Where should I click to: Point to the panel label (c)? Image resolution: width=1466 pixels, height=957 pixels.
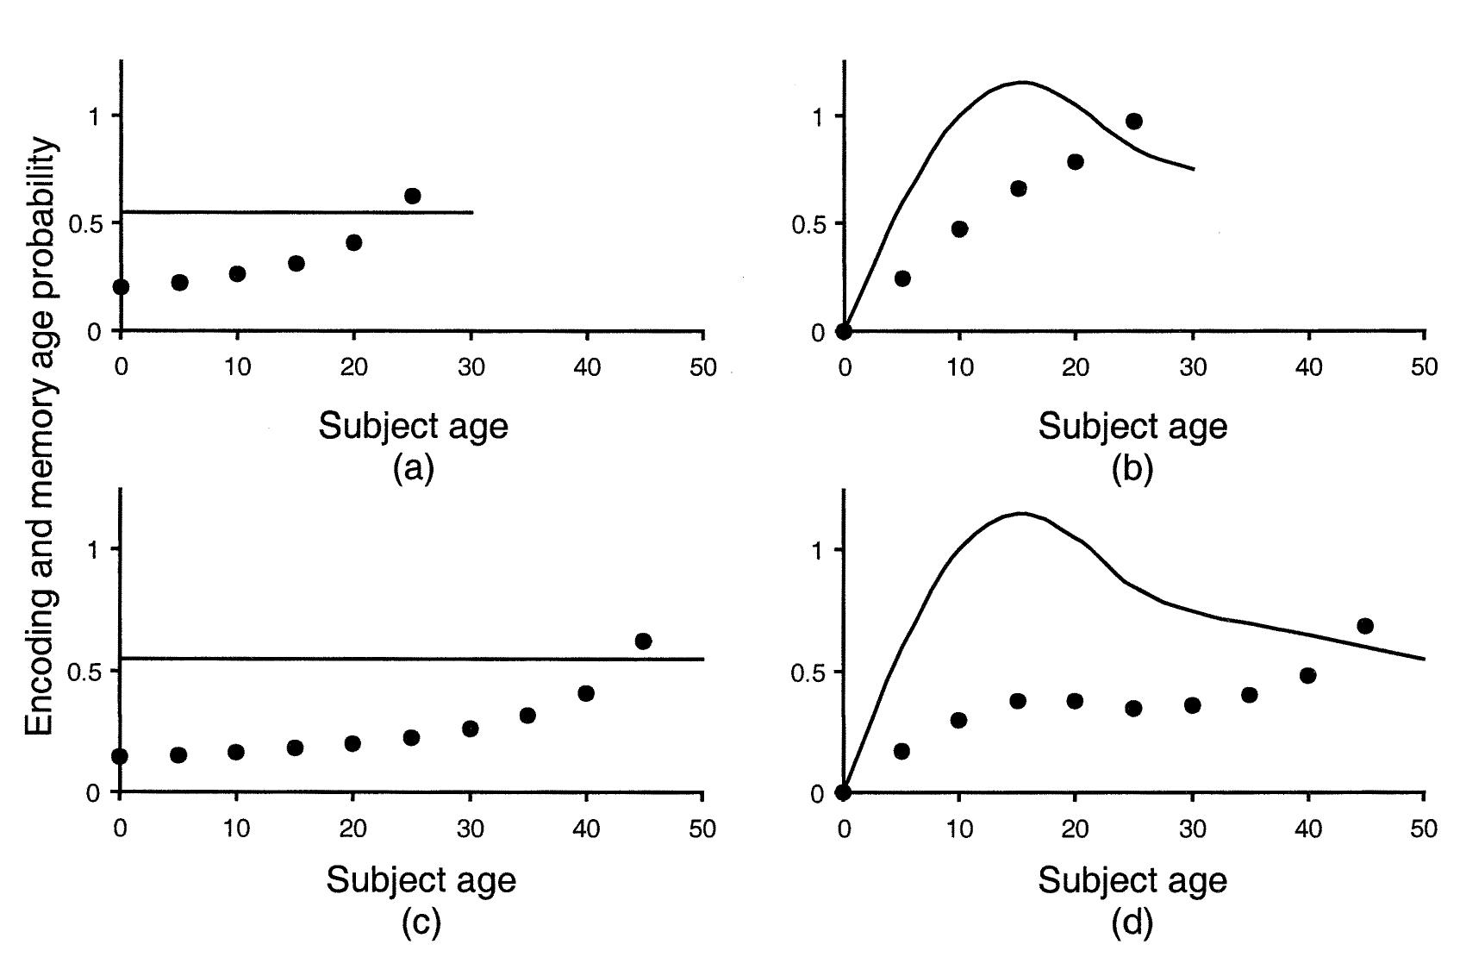pyautogui.click(x=421, y=923)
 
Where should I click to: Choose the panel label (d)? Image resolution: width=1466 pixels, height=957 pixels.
pyautogui.click(x=1132, y=923)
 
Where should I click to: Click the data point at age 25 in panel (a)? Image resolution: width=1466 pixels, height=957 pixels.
pyautogui.click(x=413, y=196)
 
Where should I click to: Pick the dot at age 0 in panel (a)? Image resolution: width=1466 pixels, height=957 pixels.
pyautogui.click(x=122, y=286)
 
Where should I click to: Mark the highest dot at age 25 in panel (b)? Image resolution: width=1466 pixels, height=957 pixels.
pyautogui.click(x=1134, y=121)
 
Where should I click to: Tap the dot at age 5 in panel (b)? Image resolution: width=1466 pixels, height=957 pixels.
pyautogui.click(x=902, y=278)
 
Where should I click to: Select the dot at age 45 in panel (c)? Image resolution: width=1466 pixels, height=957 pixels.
pyautogui.click(x=643, y=641)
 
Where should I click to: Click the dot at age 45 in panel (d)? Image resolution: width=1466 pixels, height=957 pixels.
pyautogui.click(x=1365, y=625)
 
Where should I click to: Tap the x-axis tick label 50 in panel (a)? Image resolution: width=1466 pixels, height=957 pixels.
pyautogui.click(x=703, y=367)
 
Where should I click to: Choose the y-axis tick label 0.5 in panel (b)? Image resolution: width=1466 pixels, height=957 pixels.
pyautogui.click(x=807, y=224)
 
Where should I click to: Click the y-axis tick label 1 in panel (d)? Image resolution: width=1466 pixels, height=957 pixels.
pyautogui.click(x=817, y=550)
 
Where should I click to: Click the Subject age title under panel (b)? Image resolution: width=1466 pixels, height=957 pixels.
pyautogui.click(x=1132, y=425)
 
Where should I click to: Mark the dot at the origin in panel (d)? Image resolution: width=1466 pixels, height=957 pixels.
pyautogui.click(x=844, y=792)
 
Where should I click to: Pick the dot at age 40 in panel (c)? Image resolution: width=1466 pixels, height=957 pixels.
pyautogui.click(x=586, y=692)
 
